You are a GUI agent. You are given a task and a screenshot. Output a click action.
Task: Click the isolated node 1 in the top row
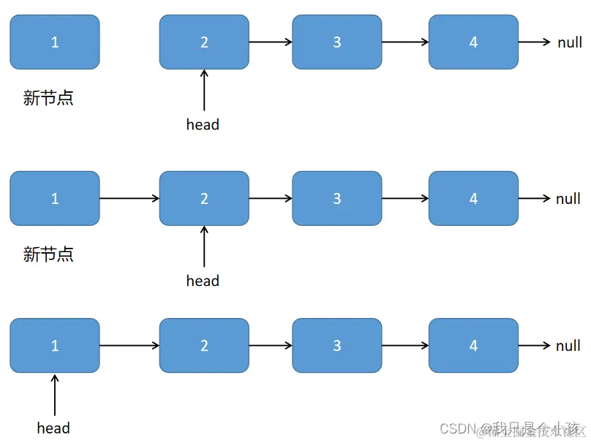[x=55, y=42]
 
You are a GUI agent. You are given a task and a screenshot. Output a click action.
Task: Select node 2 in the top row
[x=204, y=42]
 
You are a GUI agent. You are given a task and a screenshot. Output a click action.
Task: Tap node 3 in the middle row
[x=337, y=198]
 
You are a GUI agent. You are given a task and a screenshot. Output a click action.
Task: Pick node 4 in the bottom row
[x=473, y=345]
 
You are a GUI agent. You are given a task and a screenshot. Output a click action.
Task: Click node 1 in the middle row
[x=55, y=198]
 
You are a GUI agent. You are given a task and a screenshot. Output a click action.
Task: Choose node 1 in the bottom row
[x=55, y=345]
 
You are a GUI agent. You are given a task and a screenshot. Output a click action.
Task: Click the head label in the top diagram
[x=203, y=124]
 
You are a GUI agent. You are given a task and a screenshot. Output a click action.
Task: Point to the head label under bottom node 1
[x=53, y=428]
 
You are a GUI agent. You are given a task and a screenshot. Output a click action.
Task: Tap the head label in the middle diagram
[x=203, y=281]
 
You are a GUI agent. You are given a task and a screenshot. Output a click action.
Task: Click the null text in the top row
[x=570, y=42]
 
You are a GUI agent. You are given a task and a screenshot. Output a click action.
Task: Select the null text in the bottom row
[x=568, y=345]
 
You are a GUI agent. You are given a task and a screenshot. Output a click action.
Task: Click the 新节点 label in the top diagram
[x=48, y=98]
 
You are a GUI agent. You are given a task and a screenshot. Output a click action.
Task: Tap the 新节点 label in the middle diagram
[x=48, y=254]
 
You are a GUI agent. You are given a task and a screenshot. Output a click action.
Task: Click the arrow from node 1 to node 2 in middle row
[x=129, y=198]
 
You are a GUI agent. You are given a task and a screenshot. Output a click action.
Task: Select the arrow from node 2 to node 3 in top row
[x=271, y=42]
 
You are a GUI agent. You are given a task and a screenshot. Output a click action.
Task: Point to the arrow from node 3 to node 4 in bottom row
[x=405, y=345]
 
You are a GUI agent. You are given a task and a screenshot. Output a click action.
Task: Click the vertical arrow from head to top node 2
[x=204, y=91]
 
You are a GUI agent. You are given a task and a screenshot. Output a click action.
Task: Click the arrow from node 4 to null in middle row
[x=534, y=198]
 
